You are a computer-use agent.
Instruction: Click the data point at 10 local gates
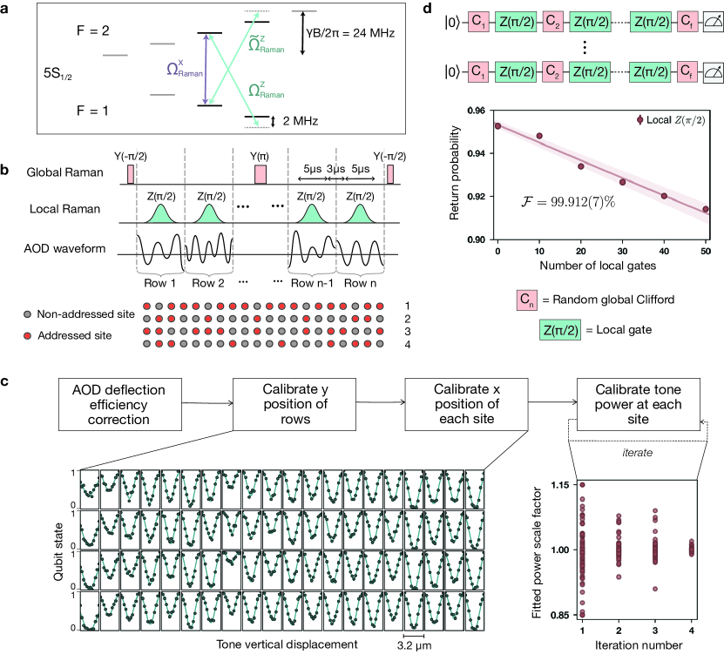pos(539,136)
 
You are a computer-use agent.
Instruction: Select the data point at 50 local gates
pos(706,209)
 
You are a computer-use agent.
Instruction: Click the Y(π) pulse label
pos(260,157)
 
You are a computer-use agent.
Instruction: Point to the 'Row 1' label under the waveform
pos(159,283)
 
